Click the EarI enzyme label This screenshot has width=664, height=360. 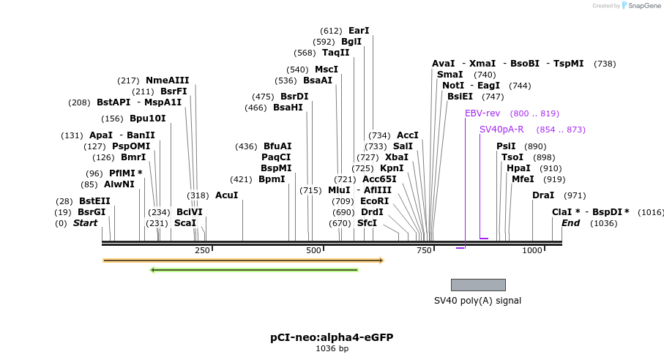click(359, 31)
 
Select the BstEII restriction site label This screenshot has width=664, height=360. click(94, 201)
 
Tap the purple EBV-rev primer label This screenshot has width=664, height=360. click(482, 113)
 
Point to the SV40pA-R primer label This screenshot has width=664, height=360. click(501, 130)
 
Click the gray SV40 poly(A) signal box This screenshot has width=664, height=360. click(478, 285)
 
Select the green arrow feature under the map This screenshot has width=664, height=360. click(254, 270)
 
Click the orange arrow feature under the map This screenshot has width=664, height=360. click(243, 260)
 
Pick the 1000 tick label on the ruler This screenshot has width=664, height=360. click(532, 250)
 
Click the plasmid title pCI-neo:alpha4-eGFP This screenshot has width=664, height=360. click(332, 337)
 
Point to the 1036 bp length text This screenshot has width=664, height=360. click(332, 348)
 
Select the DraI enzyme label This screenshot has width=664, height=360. click(543, 195)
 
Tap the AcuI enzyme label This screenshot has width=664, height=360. click(226, 195)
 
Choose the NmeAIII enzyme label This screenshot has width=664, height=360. click(167, 80)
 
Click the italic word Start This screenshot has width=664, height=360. click(85, 223)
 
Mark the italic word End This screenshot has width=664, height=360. click(570, 223)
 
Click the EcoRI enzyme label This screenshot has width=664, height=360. click(374, 201)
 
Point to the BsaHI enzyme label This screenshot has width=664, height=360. click(288, 108)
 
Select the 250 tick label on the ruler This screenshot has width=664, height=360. click(202, 250)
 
